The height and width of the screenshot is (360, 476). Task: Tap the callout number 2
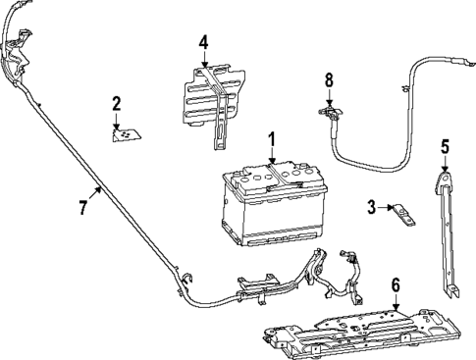point(116,103)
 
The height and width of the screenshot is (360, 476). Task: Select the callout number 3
point(371,206)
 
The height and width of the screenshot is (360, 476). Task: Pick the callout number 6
point(395,284)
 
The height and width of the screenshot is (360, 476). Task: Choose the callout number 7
point(83,208)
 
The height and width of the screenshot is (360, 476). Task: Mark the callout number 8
point(330,77)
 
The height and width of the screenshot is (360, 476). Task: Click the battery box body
point(270,211)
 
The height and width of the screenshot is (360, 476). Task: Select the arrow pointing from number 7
point(95,192)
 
